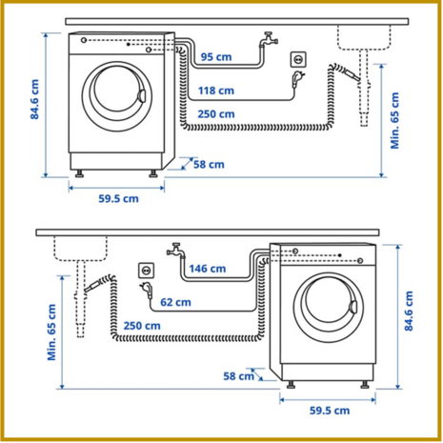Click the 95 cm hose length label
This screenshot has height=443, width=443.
(216, 57)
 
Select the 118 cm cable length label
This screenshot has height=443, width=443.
(216, 91)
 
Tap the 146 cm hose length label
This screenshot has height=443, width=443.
(208, 269)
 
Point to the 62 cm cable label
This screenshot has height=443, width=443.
(175, 302)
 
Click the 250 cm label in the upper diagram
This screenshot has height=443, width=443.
(216, 114)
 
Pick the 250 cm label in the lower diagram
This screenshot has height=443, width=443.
(142, 326)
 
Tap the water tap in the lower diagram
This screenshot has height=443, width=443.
(176, 251)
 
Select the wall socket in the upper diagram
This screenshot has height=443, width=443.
(298, 59)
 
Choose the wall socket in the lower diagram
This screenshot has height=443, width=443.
(147, 271)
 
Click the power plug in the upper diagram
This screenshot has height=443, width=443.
(298, 79)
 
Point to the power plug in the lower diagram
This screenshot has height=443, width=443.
(147, 290)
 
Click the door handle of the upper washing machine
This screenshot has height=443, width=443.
(142, 96)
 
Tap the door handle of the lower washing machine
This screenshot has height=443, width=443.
(353, 307)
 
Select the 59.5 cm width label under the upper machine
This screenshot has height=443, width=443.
(118, 199)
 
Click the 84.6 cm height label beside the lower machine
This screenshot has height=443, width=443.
(409, 312)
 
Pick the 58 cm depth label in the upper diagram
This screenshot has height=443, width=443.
(209, 165)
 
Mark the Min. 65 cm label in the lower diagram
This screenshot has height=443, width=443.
(51, 332)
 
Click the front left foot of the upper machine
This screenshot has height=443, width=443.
(79, 173)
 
